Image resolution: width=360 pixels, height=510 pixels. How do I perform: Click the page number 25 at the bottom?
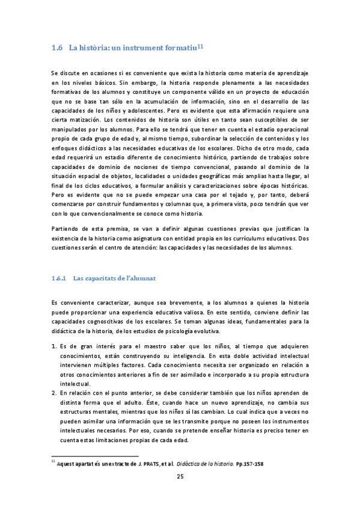click(x=180, y=477)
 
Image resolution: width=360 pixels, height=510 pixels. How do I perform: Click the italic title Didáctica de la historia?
click(x=213, y=464)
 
